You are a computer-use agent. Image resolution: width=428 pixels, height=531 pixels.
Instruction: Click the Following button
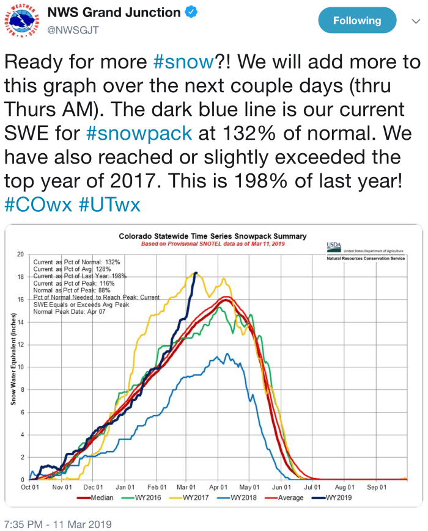pos(357,21)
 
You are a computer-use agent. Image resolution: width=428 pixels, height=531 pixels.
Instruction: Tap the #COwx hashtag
pos(38,204)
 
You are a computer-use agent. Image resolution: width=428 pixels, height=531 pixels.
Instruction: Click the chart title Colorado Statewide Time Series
pos(213,236)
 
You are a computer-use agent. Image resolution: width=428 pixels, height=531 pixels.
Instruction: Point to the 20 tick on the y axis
pos(20,255)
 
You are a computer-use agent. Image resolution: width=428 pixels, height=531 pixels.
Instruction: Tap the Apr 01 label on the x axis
pos(218,487)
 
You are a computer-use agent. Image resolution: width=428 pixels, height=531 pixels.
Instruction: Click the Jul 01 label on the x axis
pos(313,487)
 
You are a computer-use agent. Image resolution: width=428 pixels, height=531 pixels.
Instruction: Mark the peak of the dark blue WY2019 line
pos(196,273)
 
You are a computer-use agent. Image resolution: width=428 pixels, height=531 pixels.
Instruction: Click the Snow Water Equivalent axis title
pos(13,367)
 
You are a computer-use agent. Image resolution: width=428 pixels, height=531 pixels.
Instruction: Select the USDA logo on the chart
pos(334,245)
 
